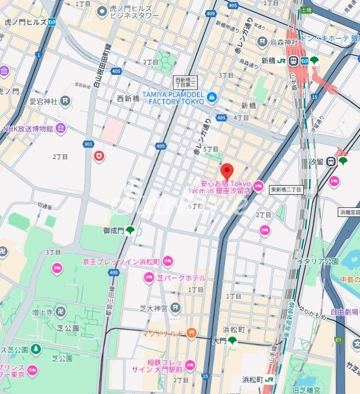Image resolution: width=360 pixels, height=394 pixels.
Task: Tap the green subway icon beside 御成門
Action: tap(130, 231)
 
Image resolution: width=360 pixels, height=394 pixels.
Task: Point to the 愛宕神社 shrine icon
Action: tap(65, 101)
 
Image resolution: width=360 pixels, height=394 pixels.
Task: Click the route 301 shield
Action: tap(88, 145)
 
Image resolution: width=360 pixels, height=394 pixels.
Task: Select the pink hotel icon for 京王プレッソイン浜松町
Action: tap(168, 261)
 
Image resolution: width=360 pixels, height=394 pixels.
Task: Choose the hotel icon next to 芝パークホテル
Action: tap(148, 278)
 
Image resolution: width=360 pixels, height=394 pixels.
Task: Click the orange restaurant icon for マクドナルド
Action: tap(191, 332)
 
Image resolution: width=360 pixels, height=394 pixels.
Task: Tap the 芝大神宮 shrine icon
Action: tap(175, 307)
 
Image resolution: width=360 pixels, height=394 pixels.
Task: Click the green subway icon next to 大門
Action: tap(232, 341)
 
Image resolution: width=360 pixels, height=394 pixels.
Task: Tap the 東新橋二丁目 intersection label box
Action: tap(286, 190)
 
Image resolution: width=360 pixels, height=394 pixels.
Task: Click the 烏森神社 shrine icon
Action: tap(262, 41)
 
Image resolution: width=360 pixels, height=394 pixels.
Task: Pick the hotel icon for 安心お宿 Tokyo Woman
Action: tap(258, 187)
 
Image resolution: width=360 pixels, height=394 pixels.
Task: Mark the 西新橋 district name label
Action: tap(128, 98)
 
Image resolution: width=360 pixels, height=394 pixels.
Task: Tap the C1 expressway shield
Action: tap(338, 341)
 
